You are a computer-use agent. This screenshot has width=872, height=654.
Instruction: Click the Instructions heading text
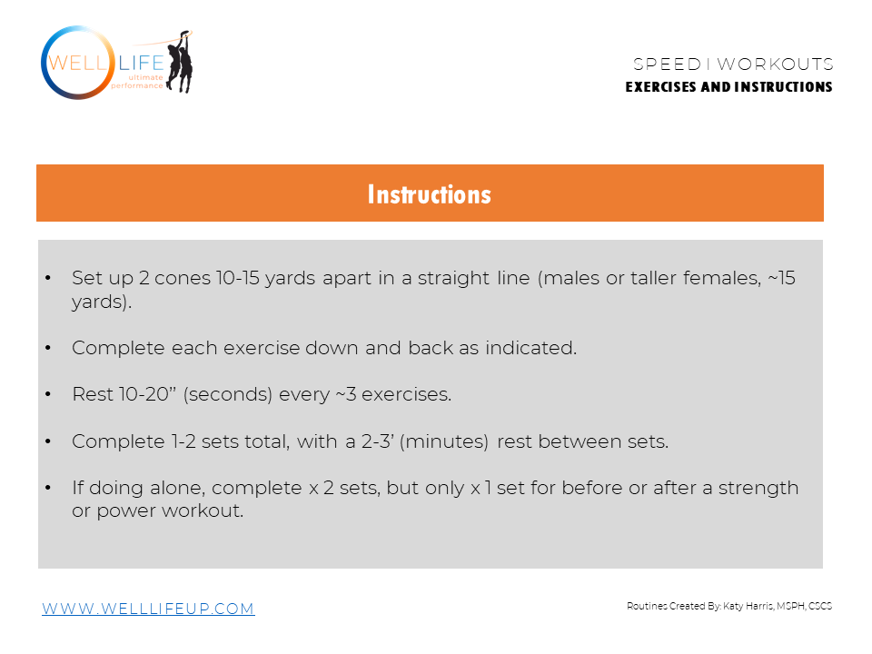point(429,194)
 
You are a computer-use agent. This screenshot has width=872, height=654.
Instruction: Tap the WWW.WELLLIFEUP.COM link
point(148,609)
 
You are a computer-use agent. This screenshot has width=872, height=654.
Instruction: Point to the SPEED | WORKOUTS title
point(733,64)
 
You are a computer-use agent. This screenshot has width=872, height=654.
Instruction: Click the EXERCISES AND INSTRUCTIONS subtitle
point(728,87)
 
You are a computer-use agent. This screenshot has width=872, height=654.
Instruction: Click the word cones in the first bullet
point(183,279)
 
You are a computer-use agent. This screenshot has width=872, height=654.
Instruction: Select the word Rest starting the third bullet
point(91,395)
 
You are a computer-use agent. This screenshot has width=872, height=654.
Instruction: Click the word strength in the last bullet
point(758,488)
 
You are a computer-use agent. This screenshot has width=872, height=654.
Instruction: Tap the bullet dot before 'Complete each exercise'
point(47,348)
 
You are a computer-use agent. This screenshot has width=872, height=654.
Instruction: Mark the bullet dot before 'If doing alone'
point(47,488)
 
